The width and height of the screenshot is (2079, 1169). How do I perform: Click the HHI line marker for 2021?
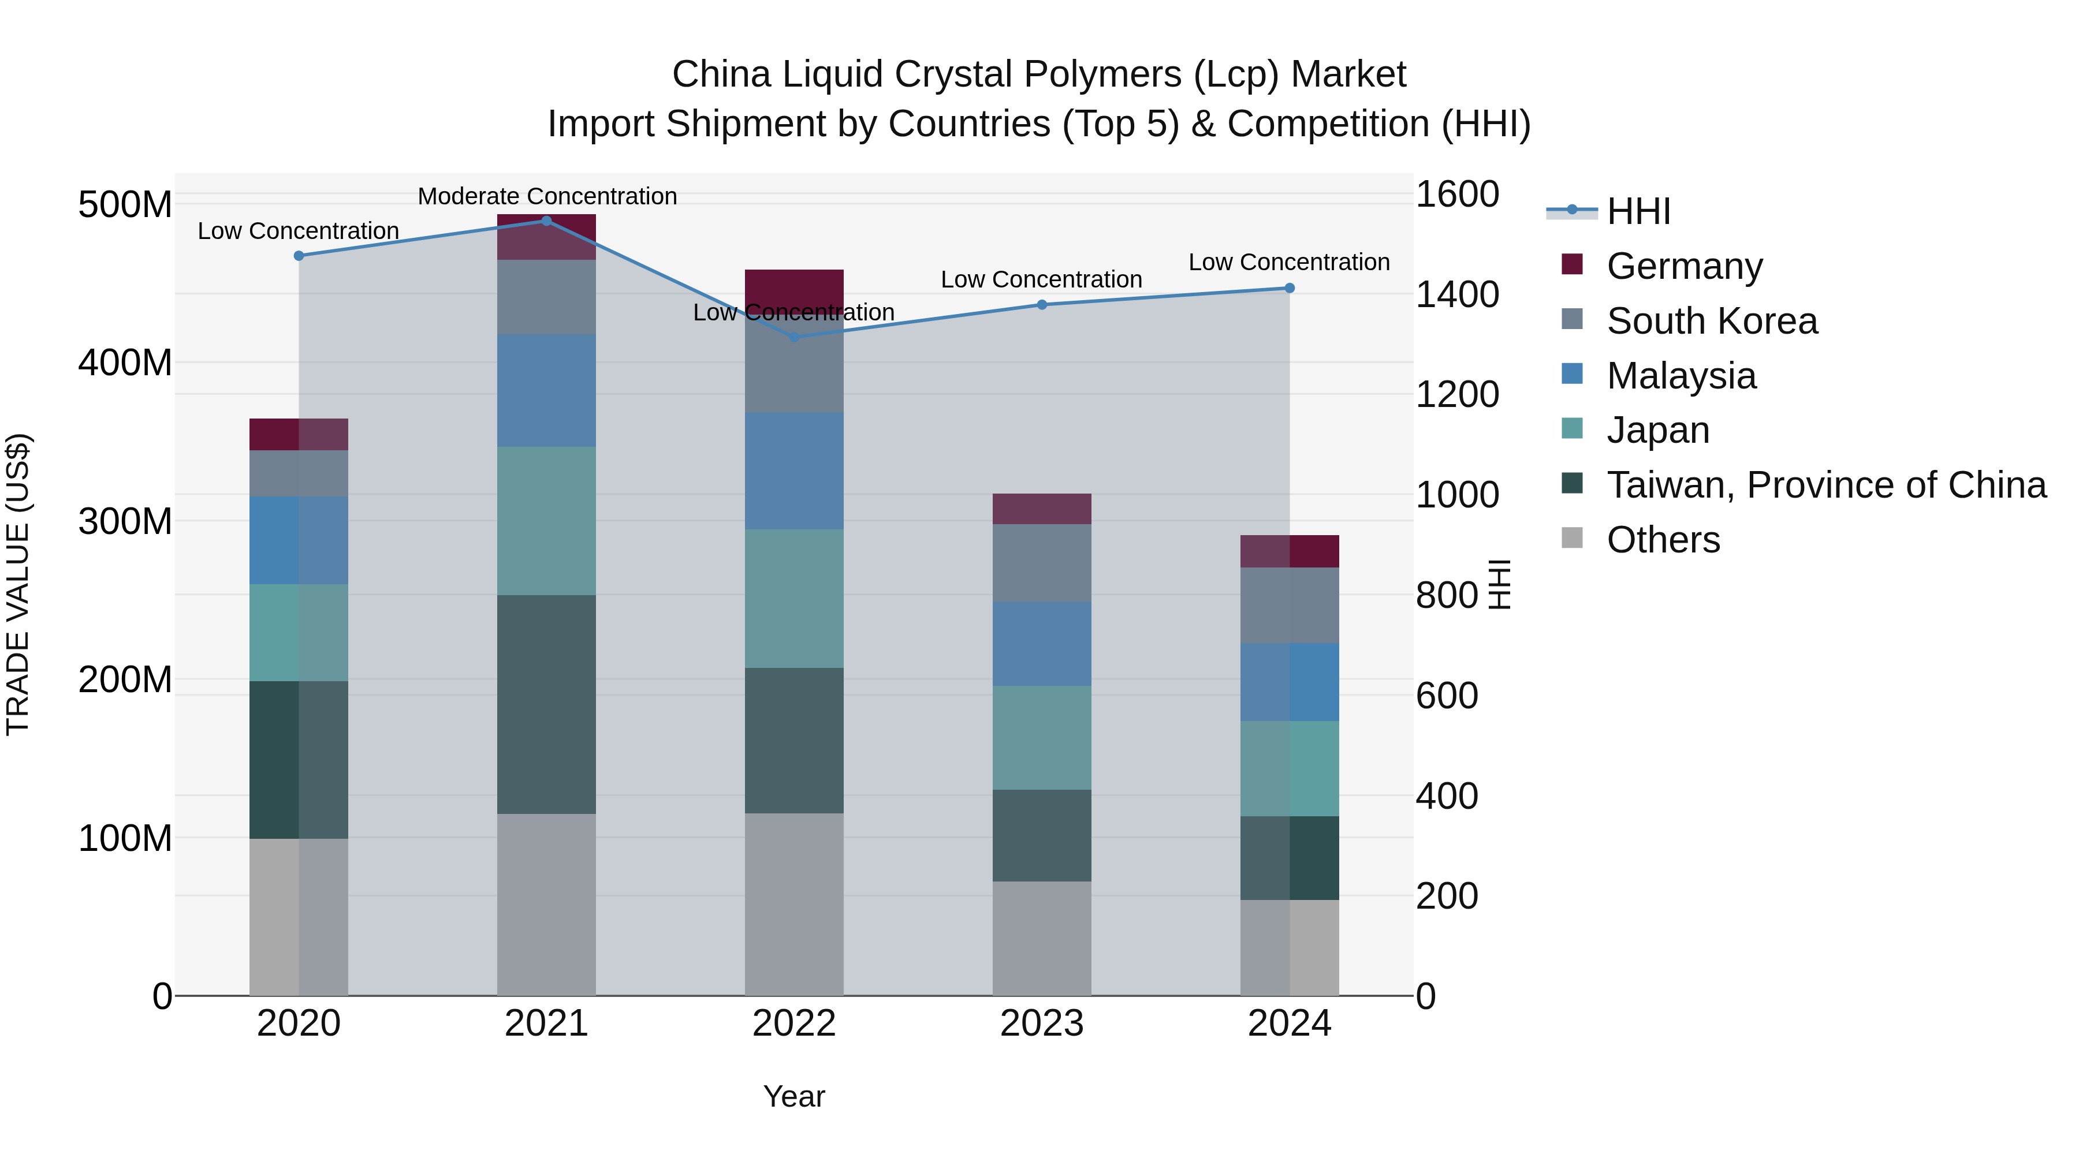point(546,221)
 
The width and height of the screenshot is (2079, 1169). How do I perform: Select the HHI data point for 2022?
point(794,337)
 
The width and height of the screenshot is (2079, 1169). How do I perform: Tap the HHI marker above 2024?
point(1289,288)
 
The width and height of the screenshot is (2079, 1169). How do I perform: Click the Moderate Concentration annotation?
point(547,196)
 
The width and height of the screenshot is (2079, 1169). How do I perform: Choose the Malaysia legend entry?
point(1681,375)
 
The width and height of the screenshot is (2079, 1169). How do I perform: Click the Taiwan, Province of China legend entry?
point(1825,485)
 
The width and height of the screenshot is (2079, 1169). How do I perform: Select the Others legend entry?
point(1663,540)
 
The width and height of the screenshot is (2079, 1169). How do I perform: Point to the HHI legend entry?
point(1638,211)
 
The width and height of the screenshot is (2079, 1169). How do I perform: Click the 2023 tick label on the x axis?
point(1041,1024)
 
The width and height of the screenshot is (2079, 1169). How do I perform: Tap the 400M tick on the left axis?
point(125,363)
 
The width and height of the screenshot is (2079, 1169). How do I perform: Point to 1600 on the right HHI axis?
point(1458,195)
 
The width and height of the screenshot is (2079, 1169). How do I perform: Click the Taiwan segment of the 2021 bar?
point(546,704)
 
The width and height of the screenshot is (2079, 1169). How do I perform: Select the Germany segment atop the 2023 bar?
point(1041,509)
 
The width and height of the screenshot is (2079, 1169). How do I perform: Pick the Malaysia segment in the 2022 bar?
point(794,471)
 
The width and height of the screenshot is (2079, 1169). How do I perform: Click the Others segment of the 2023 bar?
point(1041,938)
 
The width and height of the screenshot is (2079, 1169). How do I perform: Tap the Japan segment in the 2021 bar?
point(546,521)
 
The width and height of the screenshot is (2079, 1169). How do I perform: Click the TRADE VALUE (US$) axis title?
point(18,584)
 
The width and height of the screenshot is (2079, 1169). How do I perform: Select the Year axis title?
point(794,1096)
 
